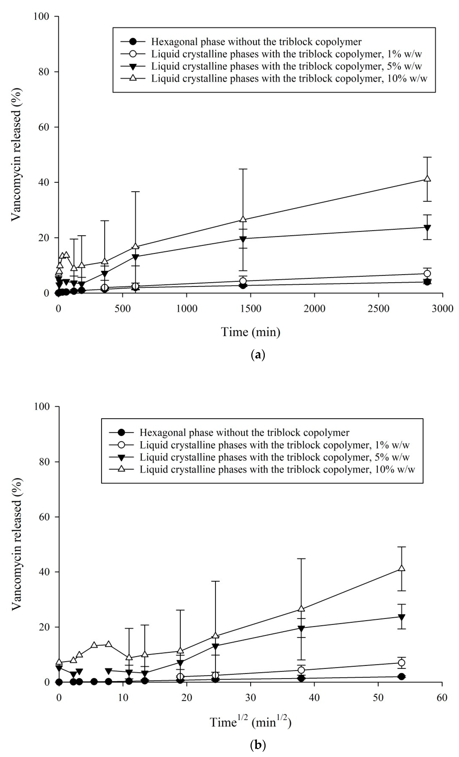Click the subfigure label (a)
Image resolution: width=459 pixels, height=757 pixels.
[258, 355]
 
